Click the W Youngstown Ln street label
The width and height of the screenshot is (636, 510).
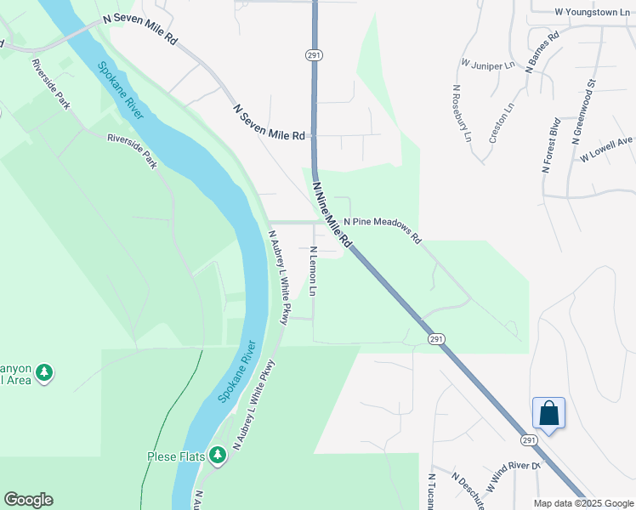tap(593, 12)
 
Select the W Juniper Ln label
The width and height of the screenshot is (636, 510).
tap(488, 63)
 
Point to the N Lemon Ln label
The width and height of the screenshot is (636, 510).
tap(313, 271)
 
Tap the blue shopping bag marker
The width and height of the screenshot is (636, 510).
tap(549, 414)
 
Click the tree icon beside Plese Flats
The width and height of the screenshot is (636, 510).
tap(219, 456)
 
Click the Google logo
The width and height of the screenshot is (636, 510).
tap(28, 500)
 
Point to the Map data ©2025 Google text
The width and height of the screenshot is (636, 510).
tap(583, 503)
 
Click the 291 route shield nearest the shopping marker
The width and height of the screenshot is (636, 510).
tap(528, 440)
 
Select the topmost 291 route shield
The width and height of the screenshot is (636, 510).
tap(312, 54)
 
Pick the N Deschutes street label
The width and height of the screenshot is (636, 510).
tap(467, 488)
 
